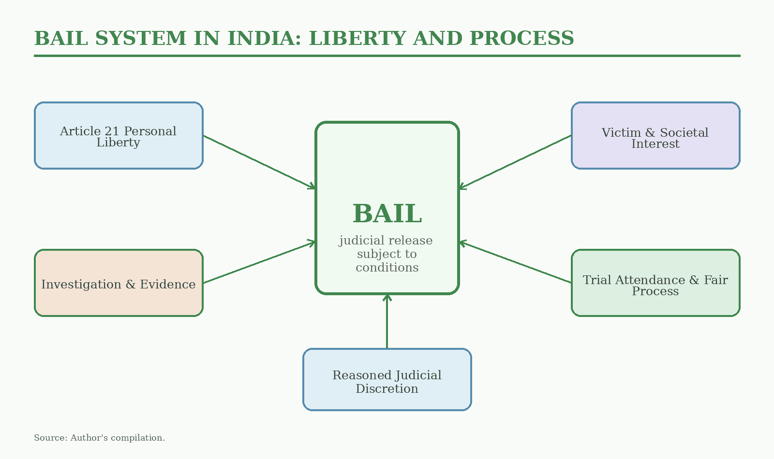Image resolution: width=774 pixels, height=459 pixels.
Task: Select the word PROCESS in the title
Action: [x=522, y=38]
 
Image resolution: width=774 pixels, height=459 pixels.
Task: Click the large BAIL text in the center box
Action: [x=387, y=214]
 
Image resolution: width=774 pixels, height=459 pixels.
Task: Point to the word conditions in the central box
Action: [x=387, y=268]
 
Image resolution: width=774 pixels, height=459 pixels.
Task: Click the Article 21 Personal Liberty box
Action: [x=119, y=136]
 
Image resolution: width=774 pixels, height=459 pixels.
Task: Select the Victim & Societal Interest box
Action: [x=655, y=136]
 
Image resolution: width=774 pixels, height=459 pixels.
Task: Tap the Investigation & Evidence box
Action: [x=119, y=283]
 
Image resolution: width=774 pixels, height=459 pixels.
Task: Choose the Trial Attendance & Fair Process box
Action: [x=655, y=283]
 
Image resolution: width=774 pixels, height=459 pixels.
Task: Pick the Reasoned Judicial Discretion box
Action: [x=387, y=380]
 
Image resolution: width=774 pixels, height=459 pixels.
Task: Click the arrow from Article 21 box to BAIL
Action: [x=259, y=162]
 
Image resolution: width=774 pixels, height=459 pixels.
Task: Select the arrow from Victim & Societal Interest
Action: [x=515, y=162]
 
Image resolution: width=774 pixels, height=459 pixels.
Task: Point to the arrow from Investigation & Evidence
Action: [x=259, y=263]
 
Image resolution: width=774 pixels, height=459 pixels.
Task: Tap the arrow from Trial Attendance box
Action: [x=515, y=263]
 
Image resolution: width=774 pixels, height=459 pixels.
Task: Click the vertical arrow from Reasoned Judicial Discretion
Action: [x=387, y=322]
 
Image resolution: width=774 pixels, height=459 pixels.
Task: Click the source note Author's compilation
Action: [x=118, y=438]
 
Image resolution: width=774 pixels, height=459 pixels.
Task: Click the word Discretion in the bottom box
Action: [x=387, y=389]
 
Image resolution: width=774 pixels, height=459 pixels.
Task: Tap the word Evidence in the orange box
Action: [x=167, y=285]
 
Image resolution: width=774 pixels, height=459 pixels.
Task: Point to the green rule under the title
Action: [x=387, y=56]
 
